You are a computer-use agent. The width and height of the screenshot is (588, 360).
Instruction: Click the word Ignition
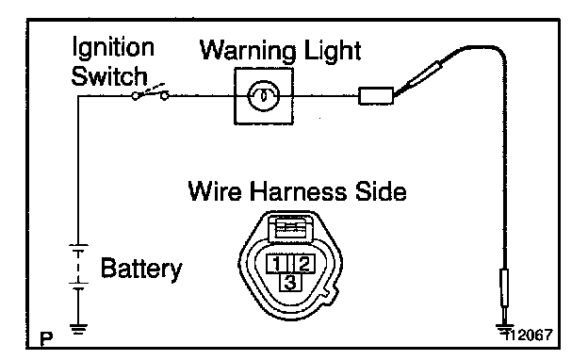pyautogui.click(x=113, y=48)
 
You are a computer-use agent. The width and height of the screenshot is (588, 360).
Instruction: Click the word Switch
pyautogui.click(x=109, y=76)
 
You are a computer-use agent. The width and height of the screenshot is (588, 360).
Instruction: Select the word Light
pyautogui.click(x=333, y=51)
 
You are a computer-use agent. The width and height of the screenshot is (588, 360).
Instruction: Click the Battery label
pyautogui.click(x=141, y=269)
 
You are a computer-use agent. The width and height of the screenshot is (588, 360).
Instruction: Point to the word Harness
pyautogui.click(x=298, y=191)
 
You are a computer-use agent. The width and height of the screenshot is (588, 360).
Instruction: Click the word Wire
pyautogui.click(x=215, y=191)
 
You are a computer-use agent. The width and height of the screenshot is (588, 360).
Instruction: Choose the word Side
pyautogui.click(x=381, y=191)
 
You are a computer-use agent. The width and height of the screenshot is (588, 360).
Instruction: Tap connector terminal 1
pyautogui.click(x=277, y=264)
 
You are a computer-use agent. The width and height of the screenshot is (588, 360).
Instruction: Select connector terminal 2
pyautogui.click(x=303, y=264)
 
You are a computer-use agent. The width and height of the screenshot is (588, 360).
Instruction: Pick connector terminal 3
pyautogui.click(x=290, y=282)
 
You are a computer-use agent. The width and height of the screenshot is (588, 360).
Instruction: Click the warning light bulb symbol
pyautogui.click(x=264, y=96)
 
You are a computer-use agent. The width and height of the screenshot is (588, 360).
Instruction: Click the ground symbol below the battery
pyautogui.click(x=78, y=329)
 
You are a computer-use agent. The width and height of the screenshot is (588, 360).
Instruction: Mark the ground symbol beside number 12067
pyautogui.click(x=505, y=329)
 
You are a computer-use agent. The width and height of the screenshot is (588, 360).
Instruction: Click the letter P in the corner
pyautogui.click(x=46, y=339)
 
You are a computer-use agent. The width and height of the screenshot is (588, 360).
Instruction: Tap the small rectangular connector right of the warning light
pyautogui.click(x=376, y=96)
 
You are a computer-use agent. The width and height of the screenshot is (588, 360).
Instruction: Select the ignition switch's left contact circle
pyautogui.click(x=136, y=96)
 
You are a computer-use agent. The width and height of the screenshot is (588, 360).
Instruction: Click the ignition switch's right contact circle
pyautogui.click(x=164, y=96)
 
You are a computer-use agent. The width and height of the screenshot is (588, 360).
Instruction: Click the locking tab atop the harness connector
pyautogui.click(x=290, y=228)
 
